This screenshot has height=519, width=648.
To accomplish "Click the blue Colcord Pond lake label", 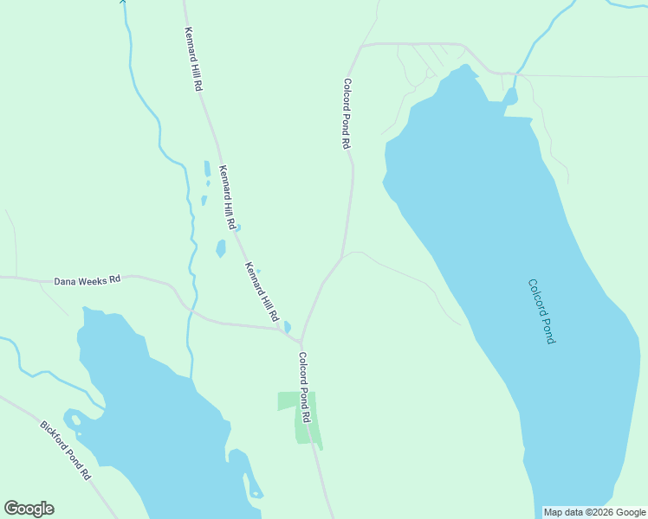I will (x=541, y=311).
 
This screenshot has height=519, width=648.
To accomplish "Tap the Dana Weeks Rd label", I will (x=87, y=281).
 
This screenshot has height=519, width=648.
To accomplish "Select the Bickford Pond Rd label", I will (x=66, y=450).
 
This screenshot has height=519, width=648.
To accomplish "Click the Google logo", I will (x=29, y=509).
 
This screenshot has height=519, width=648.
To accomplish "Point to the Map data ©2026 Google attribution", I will (x=595, y=512).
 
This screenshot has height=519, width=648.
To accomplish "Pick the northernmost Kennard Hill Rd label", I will (x=193, y=60).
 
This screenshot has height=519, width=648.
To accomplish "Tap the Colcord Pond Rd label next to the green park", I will (x=305, y=387).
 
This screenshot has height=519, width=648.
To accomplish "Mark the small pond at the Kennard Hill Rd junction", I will (x=287, y=328).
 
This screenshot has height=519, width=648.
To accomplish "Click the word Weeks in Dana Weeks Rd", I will (x=88, y=281).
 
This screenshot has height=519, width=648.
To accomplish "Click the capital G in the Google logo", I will (x=11, y=509).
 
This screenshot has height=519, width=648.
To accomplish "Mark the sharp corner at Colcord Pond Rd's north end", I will (x=361, y=45).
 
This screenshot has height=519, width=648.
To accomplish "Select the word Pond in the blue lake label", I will (x=546, y=329).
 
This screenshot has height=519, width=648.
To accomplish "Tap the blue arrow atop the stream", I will (x=122, y=3).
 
